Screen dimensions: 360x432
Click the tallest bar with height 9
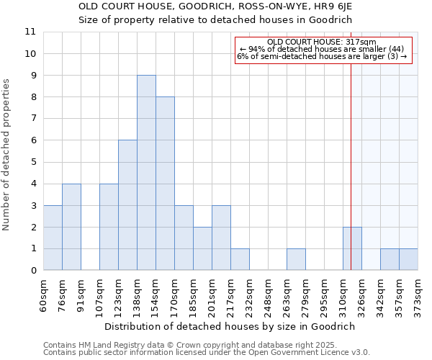coord(146,173)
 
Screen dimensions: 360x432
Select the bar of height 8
coord(165,184)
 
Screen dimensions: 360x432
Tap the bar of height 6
coord(127,205)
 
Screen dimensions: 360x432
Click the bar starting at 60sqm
coord(53,238)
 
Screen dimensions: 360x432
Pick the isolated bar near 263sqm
coord(296,259)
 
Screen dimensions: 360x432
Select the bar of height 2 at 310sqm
coord(352,248)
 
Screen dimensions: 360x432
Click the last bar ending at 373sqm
coord(408,259)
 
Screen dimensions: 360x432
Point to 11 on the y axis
coord(30,32)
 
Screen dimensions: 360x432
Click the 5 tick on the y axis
coord(33,162)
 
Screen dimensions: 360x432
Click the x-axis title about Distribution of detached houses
coord(230,326)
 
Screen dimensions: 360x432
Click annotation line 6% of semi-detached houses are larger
coord(322,55)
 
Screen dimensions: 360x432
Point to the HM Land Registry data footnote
coord(206,345)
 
